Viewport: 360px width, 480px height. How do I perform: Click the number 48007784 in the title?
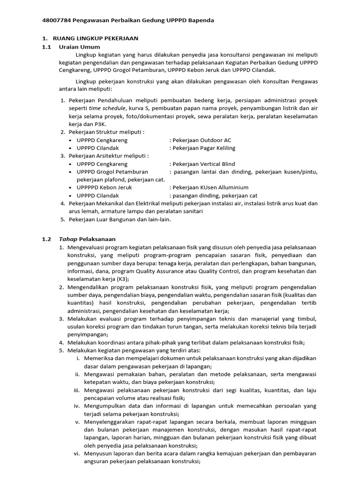pos(56,21)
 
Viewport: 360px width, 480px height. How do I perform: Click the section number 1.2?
pos(46,239)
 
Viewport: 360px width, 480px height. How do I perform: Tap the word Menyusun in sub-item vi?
pos(99,454)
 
